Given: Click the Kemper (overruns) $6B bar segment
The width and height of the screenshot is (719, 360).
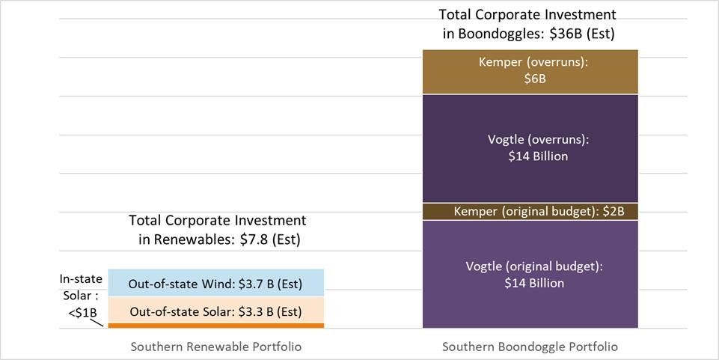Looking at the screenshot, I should click(530, 71).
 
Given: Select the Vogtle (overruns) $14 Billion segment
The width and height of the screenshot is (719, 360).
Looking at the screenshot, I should click(530, 148).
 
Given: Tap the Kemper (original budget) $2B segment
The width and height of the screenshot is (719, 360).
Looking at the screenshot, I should click(530, 212).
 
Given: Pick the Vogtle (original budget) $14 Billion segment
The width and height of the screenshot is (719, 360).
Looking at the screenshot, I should click(530, 274).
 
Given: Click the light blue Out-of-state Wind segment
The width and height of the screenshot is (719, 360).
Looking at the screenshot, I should click(215, 282).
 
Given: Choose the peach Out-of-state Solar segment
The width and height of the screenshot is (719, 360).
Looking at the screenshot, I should click(215, 311).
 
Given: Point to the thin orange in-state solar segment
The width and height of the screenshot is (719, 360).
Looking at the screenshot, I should click(215, 326).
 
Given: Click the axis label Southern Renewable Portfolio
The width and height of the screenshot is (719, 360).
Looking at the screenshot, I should click(215, 347).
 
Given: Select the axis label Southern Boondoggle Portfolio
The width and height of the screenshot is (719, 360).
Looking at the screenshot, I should click(530, 347).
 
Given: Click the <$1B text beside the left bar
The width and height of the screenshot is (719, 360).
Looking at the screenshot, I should click(82, 313).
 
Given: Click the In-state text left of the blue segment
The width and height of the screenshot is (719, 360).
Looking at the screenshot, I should click(81, 279).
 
